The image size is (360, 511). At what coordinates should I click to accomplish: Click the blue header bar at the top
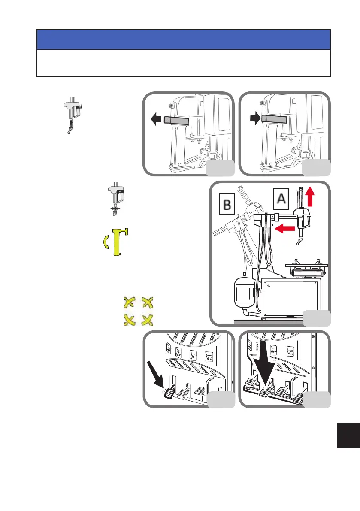point(183,40)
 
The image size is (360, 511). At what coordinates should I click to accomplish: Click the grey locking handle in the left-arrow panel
point(176,121)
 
